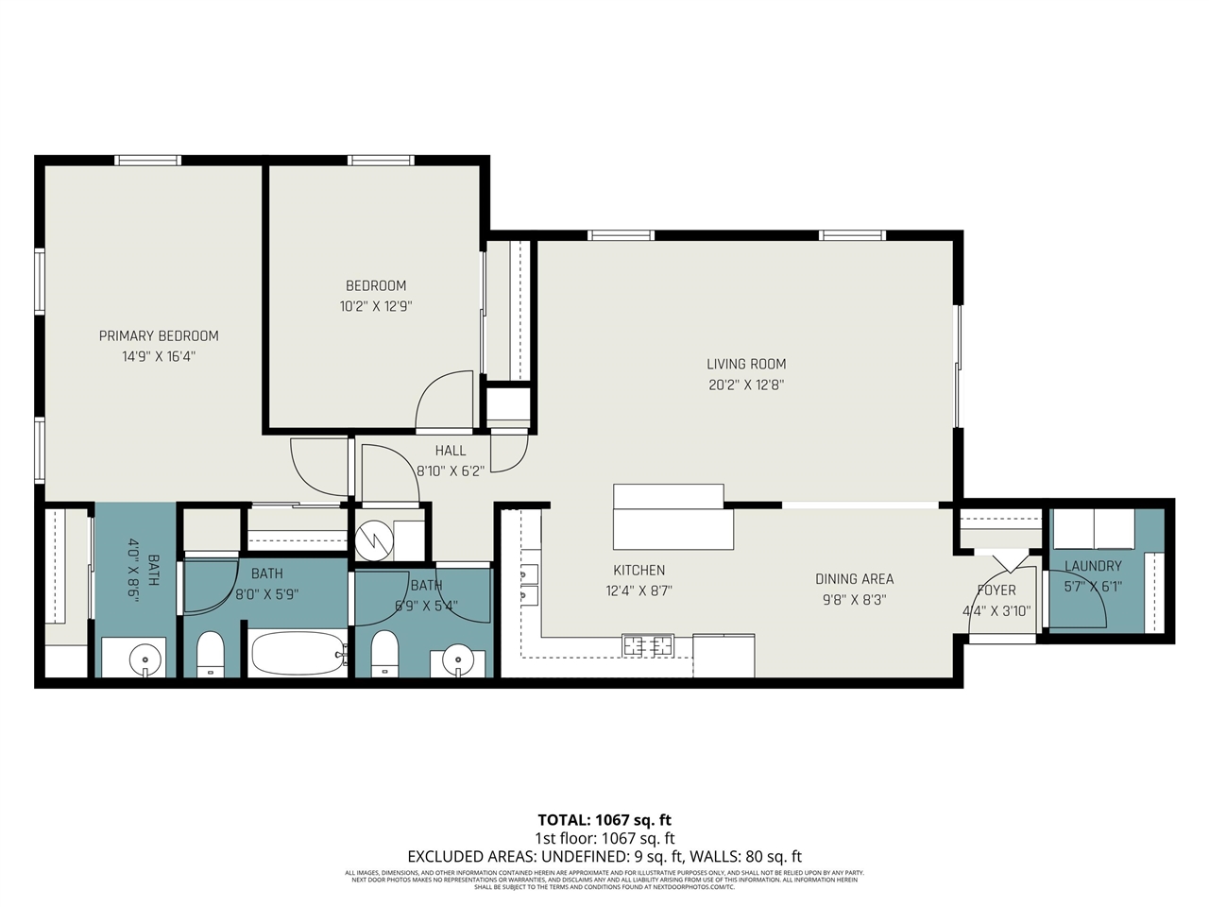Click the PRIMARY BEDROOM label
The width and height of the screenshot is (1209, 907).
click(x=159, y=335)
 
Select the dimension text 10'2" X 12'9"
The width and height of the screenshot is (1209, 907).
click(x=376, y=306)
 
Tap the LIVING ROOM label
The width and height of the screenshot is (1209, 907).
click(x=746, y=364)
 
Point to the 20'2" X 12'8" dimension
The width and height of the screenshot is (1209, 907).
click(x=746, y=385)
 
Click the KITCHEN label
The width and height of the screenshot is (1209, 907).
click(x=639, y=570)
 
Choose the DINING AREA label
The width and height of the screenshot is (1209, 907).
click(x=854, y=579)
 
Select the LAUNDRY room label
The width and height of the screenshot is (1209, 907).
click(x=1093, y=566)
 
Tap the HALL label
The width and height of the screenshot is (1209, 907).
click(x=451, y=451)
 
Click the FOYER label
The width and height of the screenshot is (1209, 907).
click(x=996, y=590)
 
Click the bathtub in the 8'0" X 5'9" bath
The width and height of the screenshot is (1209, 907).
click(x=297, y=652)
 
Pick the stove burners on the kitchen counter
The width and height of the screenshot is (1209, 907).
click(x=648, y=646)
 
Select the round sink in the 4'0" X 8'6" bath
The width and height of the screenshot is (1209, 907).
click(x=145, y=658)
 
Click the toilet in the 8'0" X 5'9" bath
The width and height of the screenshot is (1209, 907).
click(x=210, y=653)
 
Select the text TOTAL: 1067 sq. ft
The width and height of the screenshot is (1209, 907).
click(x=604, y=820)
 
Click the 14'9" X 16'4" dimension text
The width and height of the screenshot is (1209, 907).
click(x=159, y=356)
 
